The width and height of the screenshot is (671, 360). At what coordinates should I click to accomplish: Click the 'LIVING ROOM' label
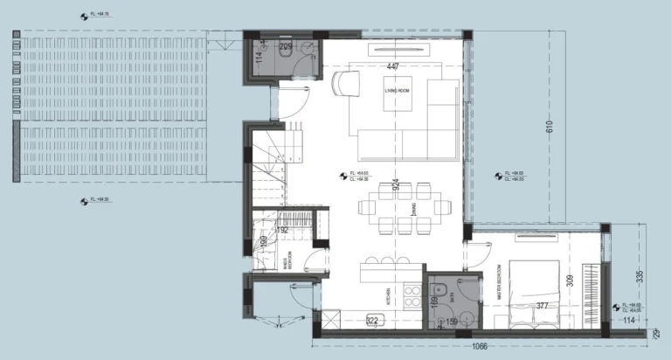[397, 91]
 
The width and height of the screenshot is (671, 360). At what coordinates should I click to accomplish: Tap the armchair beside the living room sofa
[345, 84]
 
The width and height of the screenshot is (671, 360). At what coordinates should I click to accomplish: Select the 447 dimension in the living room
[395, 66]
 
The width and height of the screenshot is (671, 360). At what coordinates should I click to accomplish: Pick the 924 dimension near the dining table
[396, 184]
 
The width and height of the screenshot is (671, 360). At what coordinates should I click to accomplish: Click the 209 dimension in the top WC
[285, 45]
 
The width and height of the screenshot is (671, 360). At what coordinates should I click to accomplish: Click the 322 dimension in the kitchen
[373, 321]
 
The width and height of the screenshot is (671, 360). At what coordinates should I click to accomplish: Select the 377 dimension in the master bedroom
[542, 306]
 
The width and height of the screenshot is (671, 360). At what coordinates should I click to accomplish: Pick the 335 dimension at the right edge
[640, 277]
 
